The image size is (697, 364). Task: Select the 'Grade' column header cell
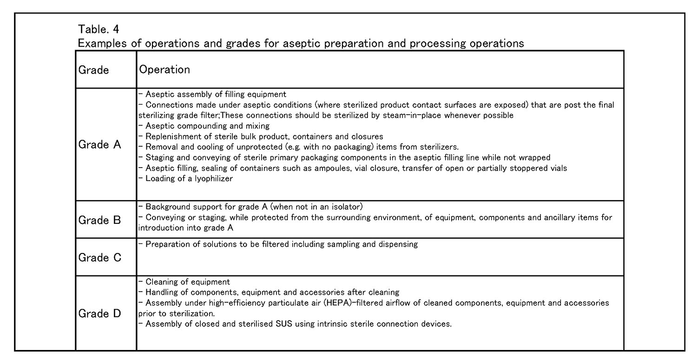[x=94, y=70]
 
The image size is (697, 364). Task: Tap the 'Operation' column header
[x=164, y=70]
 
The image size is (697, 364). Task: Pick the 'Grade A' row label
[x=99, y=145]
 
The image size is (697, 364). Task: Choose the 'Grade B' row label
[x=99, y=220]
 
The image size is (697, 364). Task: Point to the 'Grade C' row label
[x=99, y=257]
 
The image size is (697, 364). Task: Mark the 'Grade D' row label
[x=99, y=313]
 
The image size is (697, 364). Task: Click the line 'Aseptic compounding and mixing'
[x=207, y=126]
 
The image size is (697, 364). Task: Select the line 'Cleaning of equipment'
[x=188, y=282]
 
